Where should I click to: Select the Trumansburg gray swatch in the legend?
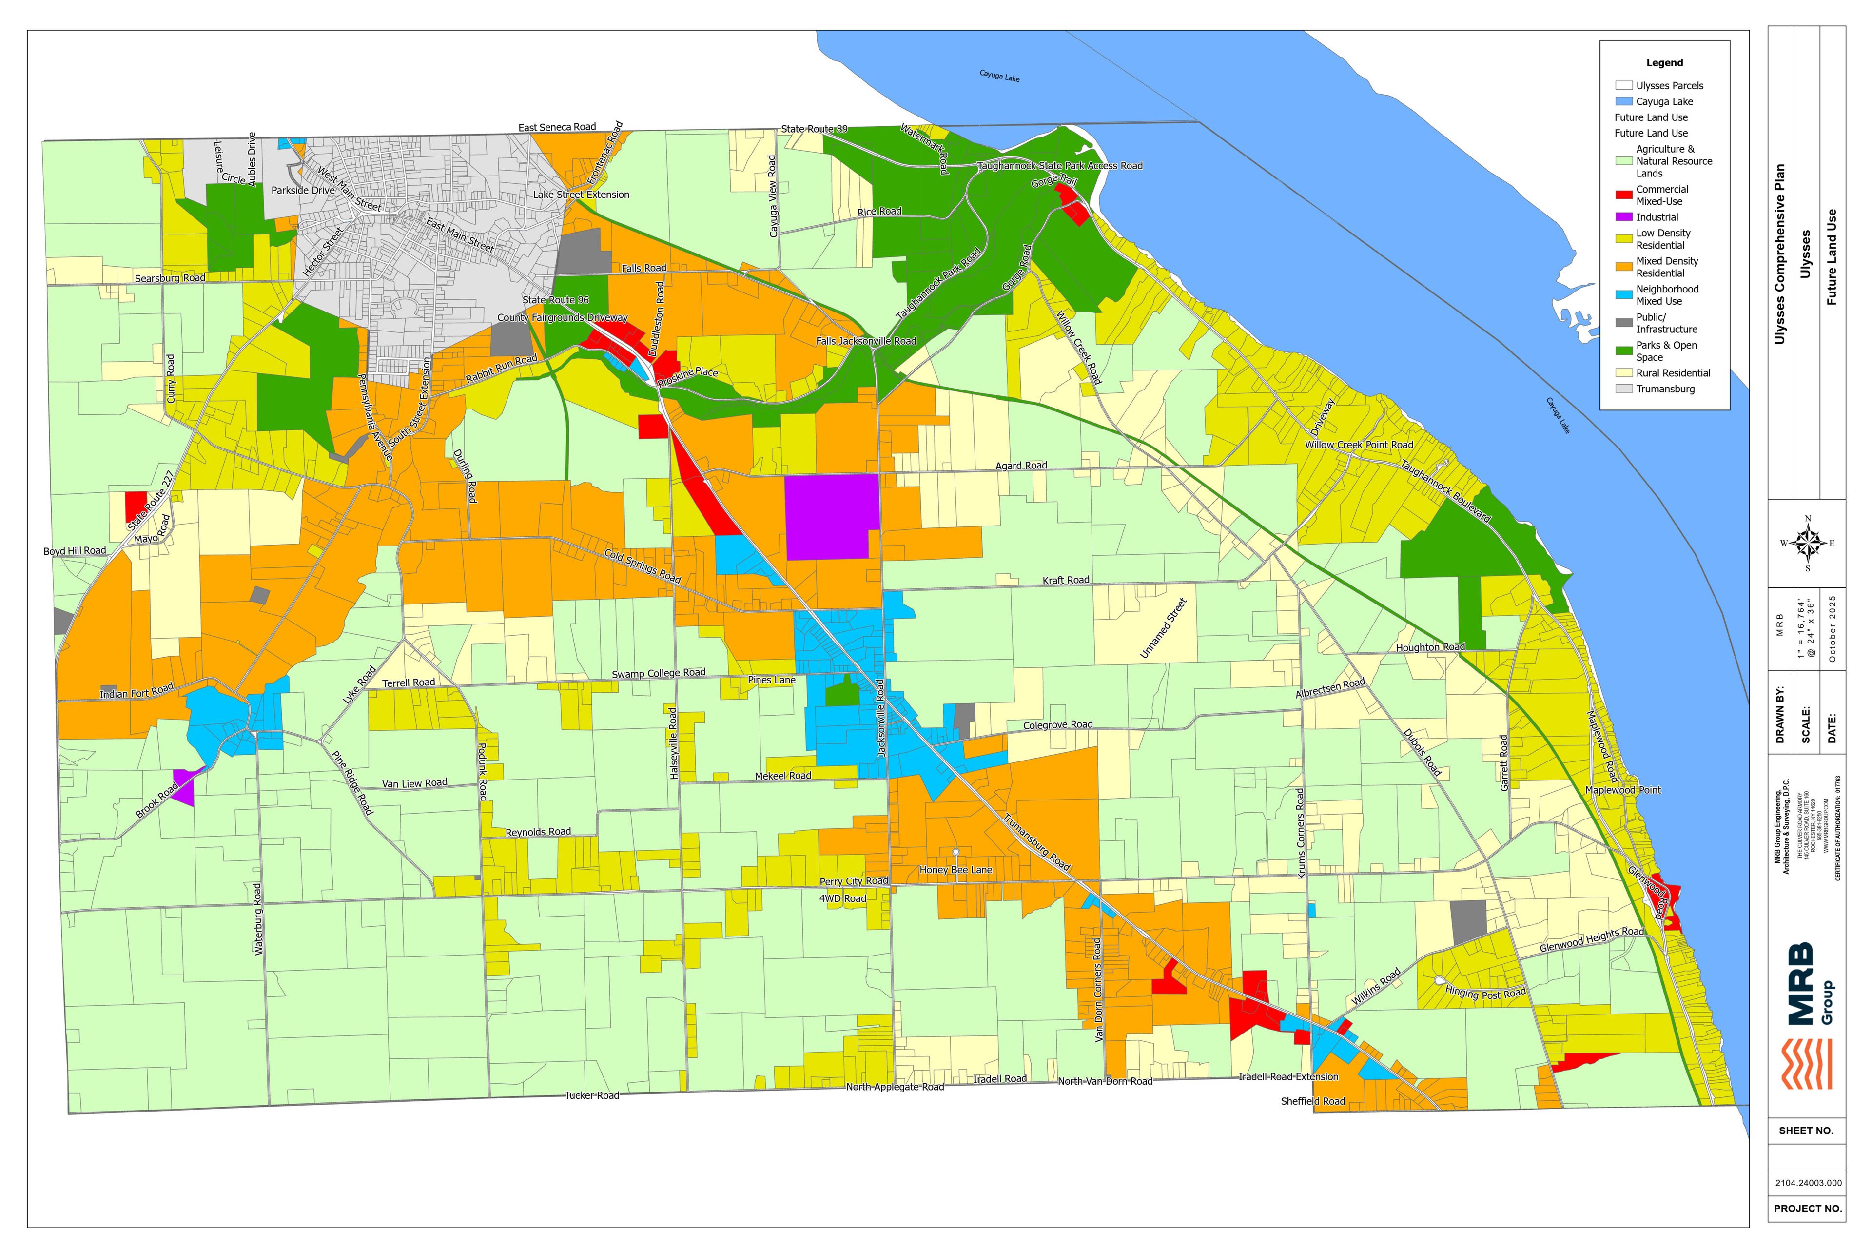coord(1624,389)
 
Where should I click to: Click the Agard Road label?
coord(1021,466)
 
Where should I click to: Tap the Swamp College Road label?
coord(658,673)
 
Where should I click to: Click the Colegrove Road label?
coord(1058,725)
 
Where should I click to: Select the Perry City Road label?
coord(853,881)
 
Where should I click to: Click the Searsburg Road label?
coord(170,278)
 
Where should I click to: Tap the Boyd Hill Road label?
coord(74,551)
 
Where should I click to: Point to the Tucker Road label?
coord(591,1095)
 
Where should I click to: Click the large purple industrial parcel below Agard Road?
coord(832,517)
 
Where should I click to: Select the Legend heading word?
coord(1664,63)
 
